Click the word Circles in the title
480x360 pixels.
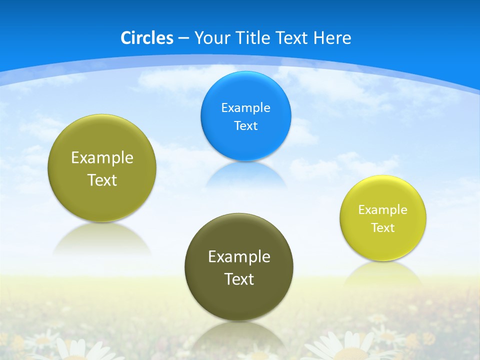click(146, 38)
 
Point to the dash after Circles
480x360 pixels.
click(183, 38)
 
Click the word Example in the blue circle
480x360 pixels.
click(245, 107)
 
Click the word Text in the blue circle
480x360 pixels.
click(245, 125)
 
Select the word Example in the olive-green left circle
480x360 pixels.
click(102, 157)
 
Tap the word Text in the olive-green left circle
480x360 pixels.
click(102, 180)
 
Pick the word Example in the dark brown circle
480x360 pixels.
click(239, 256)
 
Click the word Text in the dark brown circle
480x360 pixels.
click(239, 279)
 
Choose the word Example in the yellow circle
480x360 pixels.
click(382, 209)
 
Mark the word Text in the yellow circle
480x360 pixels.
click(382, 227)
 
